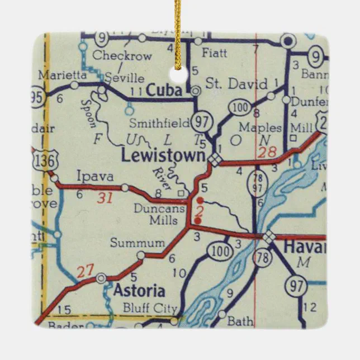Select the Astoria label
coord(139,291)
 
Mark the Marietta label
coord(62,74)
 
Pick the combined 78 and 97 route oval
coord(258,183)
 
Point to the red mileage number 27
coord(85,272)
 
